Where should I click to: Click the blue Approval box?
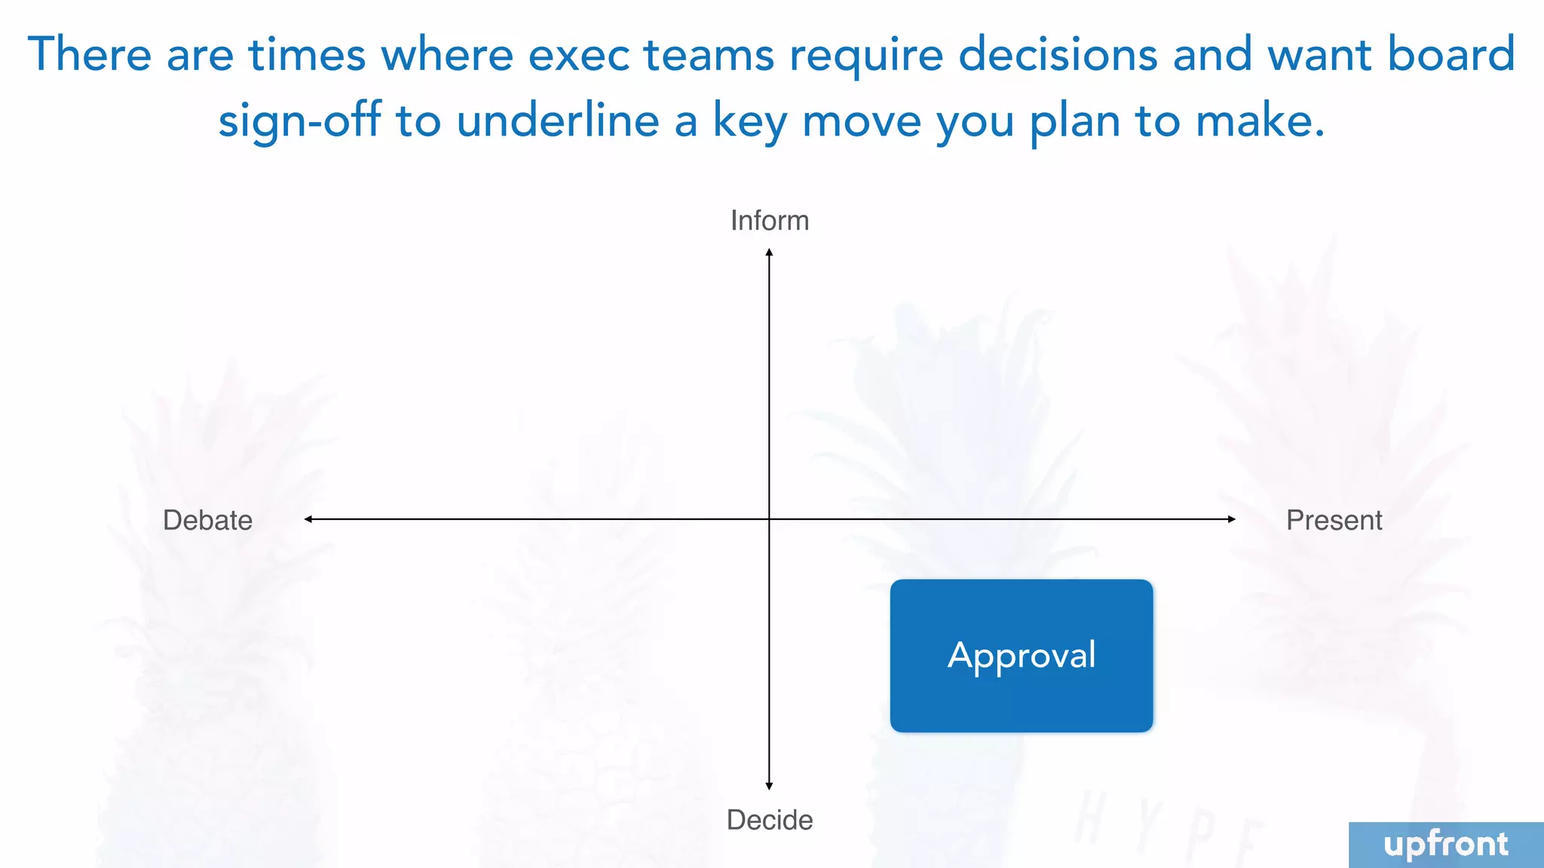pos(1021,656)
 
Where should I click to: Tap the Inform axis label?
pos(769,221)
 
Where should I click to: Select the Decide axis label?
pos(769,820)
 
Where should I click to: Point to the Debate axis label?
pos(207,520)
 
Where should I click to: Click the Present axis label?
pos(1334,520)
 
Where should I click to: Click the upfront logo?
pos(1445,845)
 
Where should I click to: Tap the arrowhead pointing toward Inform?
pos(769,252)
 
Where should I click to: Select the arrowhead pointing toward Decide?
pos(769,786)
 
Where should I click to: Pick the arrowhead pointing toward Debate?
pos(308,519)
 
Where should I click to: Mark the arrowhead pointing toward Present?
pos(1231,519)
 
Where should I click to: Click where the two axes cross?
pos(769,519)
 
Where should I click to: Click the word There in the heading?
pos(90,54)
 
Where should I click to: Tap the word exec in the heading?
pos(578,54)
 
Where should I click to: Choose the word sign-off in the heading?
pos(299,121)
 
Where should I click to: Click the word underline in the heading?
pos(557,121)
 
